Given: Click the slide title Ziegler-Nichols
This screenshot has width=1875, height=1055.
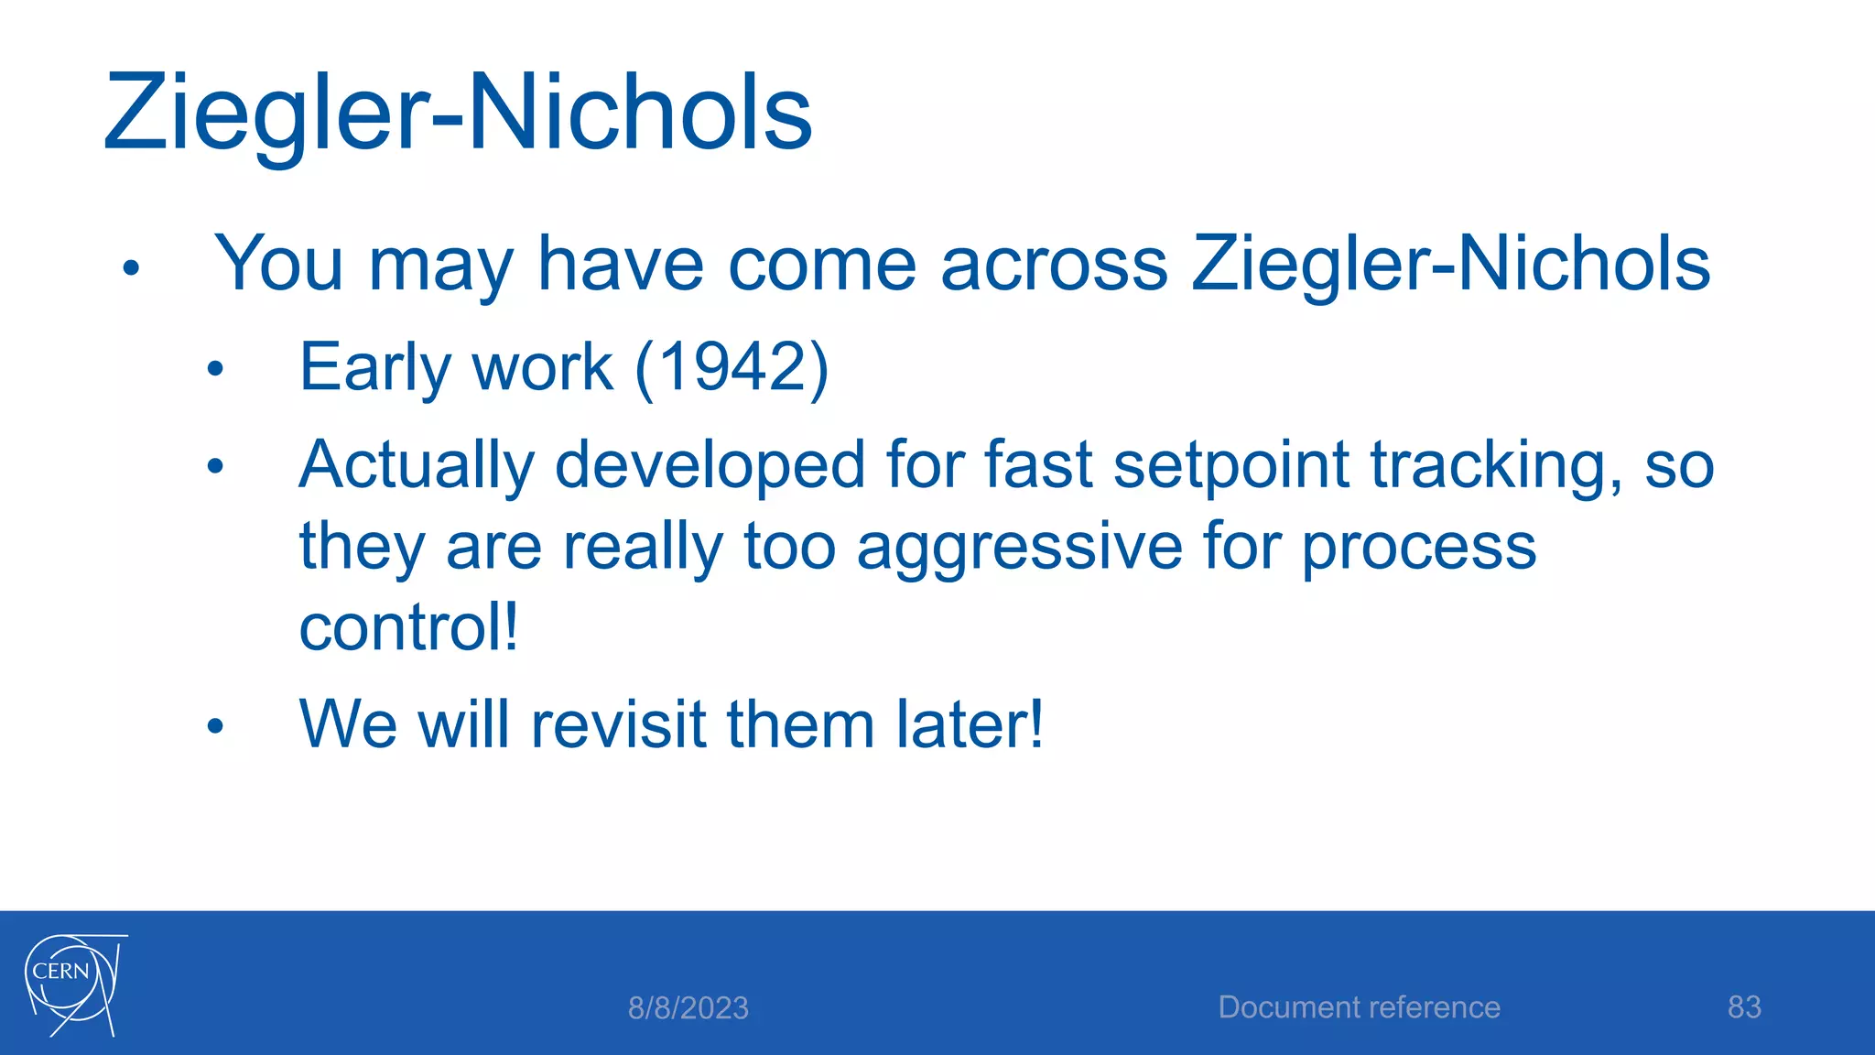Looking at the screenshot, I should tap(458, 114).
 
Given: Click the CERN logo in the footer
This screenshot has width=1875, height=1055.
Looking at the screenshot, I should tap(73, 984).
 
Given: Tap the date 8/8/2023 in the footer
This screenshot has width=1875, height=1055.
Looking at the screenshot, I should tap(688, 1008).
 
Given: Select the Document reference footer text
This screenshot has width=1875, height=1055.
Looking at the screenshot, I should tap(1359, 1007).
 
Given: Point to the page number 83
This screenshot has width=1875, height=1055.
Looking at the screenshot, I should tap(1743, 1007).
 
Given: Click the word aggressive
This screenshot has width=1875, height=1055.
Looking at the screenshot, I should tap(1019, 547).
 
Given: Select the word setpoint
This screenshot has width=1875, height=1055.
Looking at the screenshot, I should tap(1230, 464).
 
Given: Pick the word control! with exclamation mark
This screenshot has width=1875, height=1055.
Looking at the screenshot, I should tap(408, 627).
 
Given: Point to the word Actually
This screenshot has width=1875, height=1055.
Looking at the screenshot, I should tap(417, 466).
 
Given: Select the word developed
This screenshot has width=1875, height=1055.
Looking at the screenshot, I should tap(710, 466).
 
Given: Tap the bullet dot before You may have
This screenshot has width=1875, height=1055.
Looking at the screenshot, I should tap(131, 268).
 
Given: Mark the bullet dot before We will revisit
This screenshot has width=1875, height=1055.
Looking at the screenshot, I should tap(215, 727).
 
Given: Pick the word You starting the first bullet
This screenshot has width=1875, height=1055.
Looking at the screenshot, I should tap(278, 265).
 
